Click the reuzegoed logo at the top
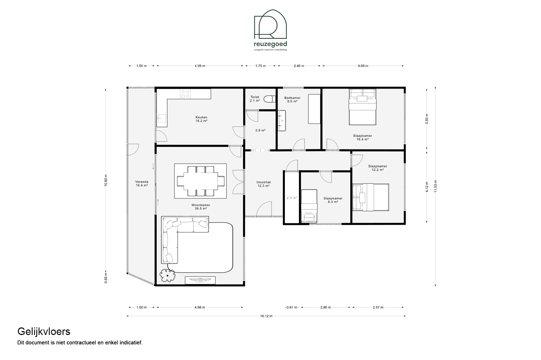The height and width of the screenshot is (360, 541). [270, 30]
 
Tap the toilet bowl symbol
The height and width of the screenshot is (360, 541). [269, 99]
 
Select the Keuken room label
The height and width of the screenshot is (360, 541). [202, 119]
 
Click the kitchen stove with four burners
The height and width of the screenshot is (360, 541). [185, 94]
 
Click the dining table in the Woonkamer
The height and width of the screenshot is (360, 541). [201, 181]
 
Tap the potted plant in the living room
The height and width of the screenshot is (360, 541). [167, 276]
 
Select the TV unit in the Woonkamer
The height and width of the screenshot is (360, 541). [200, 280]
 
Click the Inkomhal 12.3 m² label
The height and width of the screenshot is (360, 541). [264, 184]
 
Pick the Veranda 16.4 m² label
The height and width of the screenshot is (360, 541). [142, 184]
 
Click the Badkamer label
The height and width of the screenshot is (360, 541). [292, 98]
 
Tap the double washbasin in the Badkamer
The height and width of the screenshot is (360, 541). [281, 121]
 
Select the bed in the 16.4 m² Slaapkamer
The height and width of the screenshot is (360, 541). [362, 107]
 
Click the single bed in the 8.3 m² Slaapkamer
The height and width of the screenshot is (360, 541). [309, 206]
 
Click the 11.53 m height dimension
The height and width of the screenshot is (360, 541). [435, 187]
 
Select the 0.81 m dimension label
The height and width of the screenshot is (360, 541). [292, 308]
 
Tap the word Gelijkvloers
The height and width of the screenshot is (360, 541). [44, 332]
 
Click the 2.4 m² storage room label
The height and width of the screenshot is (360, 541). [292, 197]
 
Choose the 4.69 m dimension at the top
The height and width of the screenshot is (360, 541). [363, 66]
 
